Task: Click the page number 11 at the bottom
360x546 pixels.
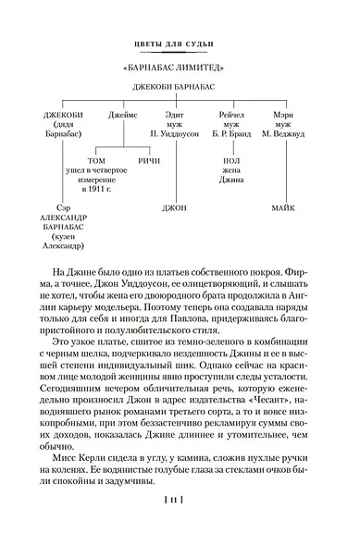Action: coord(180,526)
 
